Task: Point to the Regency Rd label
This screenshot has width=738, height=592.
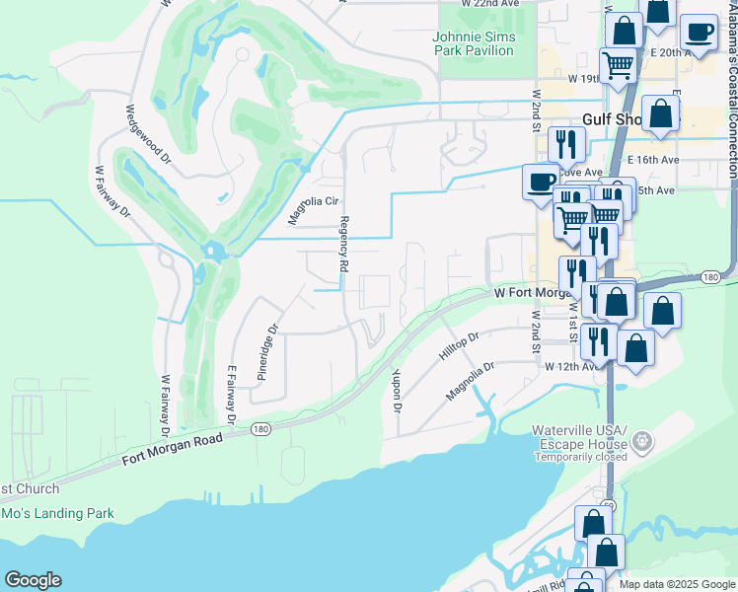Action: (344, 245)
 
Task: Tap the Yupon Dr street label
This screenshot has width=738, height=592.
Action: (397, 390)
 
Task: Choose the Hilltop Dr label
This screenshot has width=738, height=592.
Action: (459, 350)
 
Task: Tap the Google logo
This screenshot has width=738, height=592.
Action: (33, 580)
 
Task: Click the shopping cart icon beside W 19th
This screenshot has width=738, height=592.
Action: (618, 66)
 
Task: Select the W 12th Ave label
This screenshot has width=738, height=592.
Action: (571, 366)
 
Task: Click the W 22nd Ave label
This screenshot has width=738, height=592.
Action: (489, 4)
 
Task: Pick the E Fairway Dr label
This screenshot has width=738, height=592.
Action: (232, 395)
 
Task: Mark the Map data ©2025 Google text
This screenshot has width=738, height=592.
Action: (676, 584)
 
